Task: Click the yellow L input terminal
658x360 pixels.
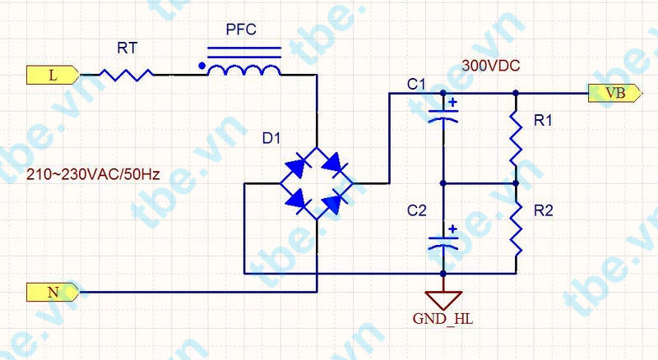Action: click(x=53, y=75)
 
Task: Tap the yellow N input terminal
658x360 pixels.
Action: click(x=53, y=292)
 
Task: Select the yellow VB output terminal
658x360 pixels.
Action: click(x=615, y=93)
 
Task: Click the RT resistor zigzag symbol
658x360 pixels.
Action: click(x=127, y=75)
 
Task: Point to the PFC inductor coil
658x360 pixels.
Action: click(x=244, y=70)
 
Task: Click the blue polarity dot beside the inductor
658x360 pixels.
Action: click(x=202, y=66)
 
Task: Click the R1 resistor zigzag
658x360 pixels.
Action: click(x=517, y=138)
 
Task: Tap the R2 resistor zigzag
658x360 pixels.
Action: click(x=517, y=228)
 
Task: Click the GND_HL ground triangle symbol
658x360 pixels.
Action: click(x=443, y=300)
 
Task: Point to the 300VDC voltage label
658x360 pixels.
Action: click(x=490, y=66)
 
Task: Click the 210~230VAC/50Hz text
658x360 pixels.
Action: click(x=93, y=173)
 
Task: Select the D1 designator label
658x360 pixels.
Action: click(x=271, y=138)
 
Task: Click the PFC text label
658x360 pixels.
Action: click(x=241, y=30)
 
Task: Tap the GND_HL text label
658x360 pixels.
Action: click(x=443, y=319)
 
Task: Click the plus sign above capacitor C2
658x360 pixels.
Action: click(x=452, y=229)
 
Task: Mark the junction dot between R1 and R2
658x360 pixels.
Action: click(x=517, y=183)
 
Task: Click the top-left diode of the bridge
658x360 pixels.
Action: click(x=298, y=165)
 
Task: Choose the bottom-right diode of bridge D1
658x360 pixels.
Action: click(x=335, y=202)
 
